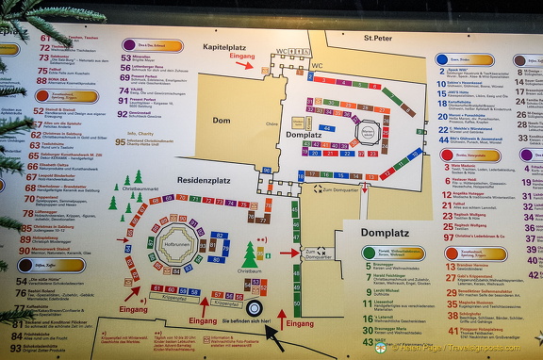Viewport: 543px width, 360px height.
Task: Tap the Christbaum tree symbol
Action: click(x=250, y=256)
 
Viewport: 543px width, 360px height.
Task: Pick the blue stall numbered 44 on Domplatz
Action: click(x=326, y=127)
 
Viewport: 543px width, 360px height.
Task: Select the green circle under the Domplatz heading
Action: click(x=368, y=253)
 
